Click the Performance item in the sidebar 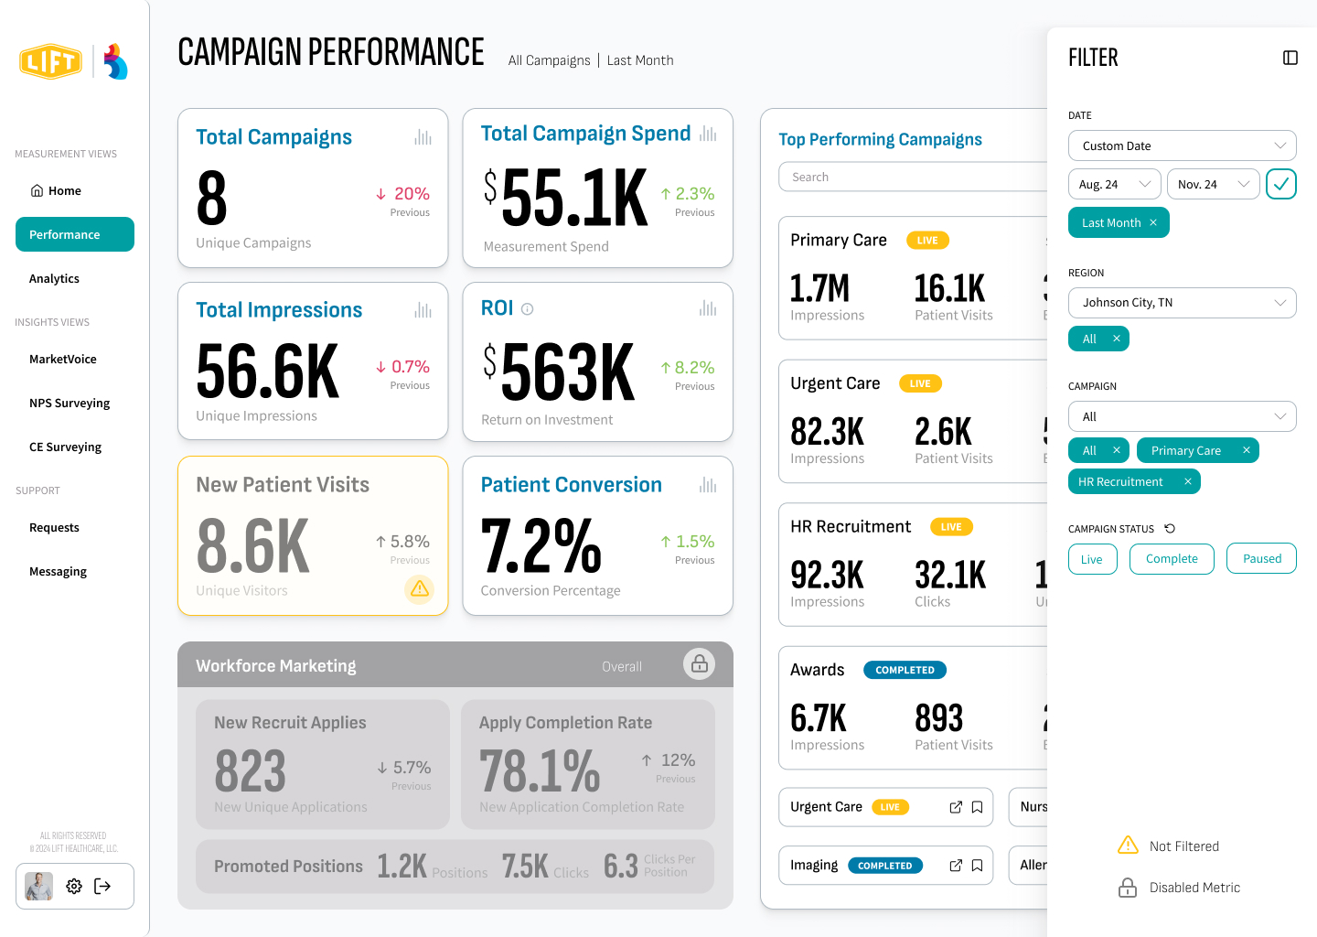pos(75,234)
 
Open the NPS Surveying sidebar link pos(70,403)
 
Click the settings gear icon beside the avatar pos(74,886)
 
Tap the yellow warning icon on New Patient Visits pos(420,588)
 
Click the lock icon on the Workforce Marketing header pos(699,664)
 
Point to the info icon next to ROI pos(528,309)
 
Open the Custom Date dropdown pos(1182,145)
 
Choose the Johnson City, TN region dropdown pos(1182,303)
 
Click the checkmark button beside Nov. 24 pos(1281,184)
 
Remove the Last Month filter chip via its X pos(1153,222)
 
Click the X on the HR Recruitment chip pos(1188,481)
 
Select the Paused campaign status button pos(1262,559)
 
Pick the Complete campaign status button pos(1172,559)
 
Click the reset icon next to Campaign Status pos(1170,529)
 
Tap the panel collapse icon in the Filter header pos(1290,58)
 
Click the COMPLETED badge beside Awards pos(905,670)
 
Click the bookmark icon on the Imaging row pos(977,866)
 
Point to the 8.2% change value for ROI pos(694,367)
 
